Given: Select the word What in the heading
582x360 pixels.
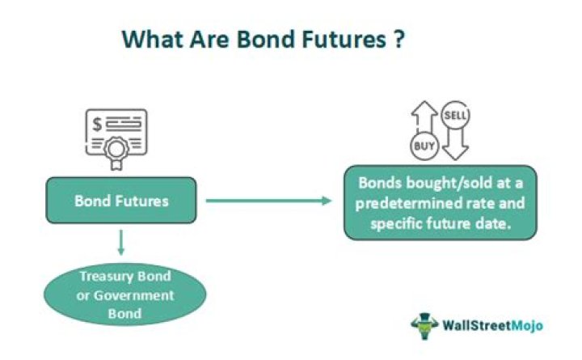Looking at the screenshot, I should tap(148, 38).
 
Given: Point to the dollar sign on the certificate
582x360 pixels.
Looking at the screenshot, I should tap(99, 124).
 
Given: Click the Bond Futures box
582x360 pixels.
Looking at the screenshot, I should tap(121, 200).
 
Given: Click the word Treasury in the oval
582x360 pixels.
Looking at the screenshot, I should tap(103, 277).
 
